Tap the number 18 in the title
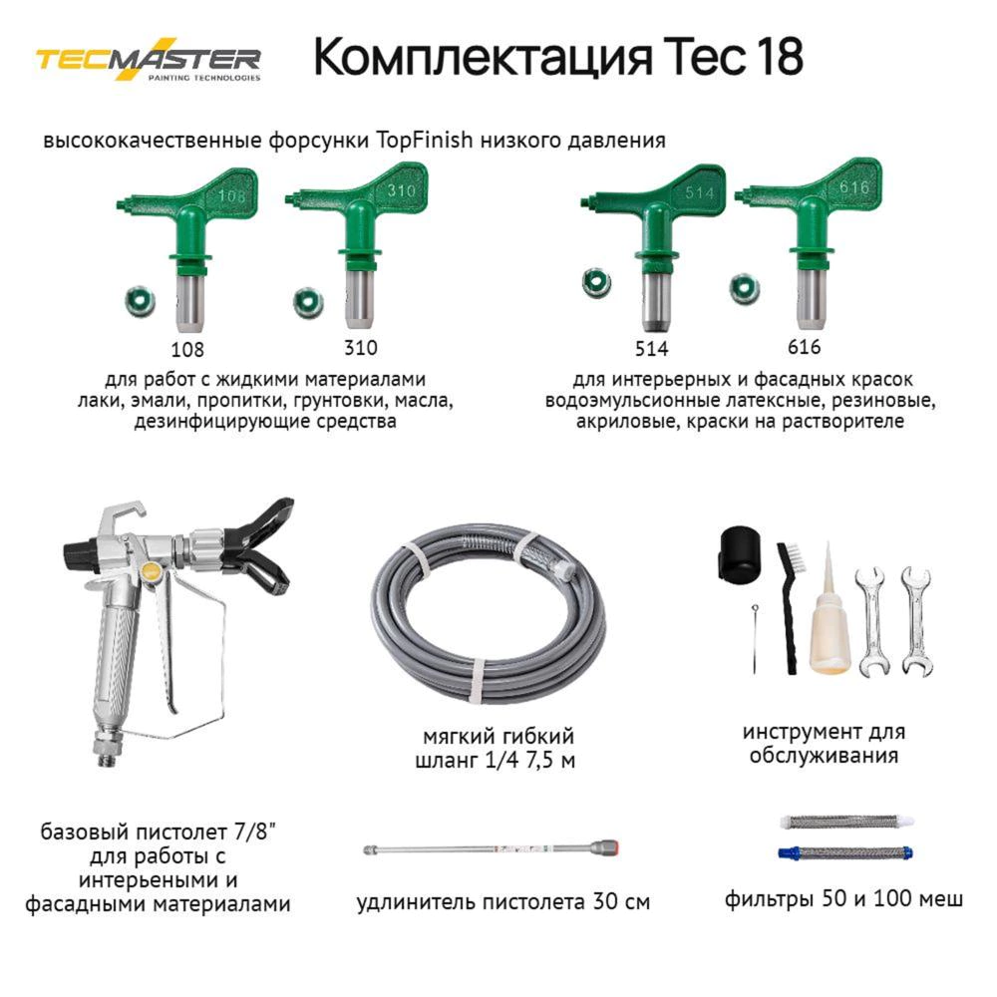[x=775, y=59]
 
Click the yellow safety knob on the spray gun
[x=151, y=572]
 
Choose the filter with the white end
[x=847, y=823]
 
